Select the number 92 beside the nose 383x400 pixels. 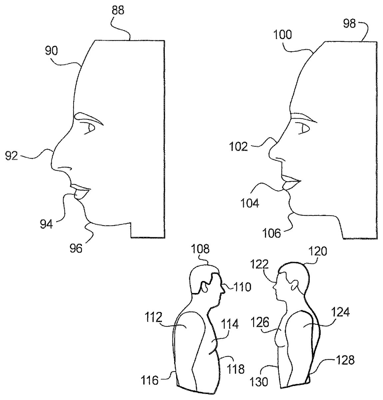(x=12, y=155)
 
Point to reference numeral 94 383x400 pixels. (x=46, y=224)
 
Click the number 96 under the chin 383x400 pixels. (x=76, y=248)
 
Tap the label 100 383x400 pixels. (x=282, y=34)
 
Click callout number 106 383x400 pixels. (x=272, y=233)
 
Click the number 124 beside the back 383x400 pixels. (x=340, y=314)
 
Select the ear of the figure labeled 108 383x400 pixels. (x=204, y=287)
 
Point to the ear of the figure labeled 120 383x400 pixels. (x=294, y=285)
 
